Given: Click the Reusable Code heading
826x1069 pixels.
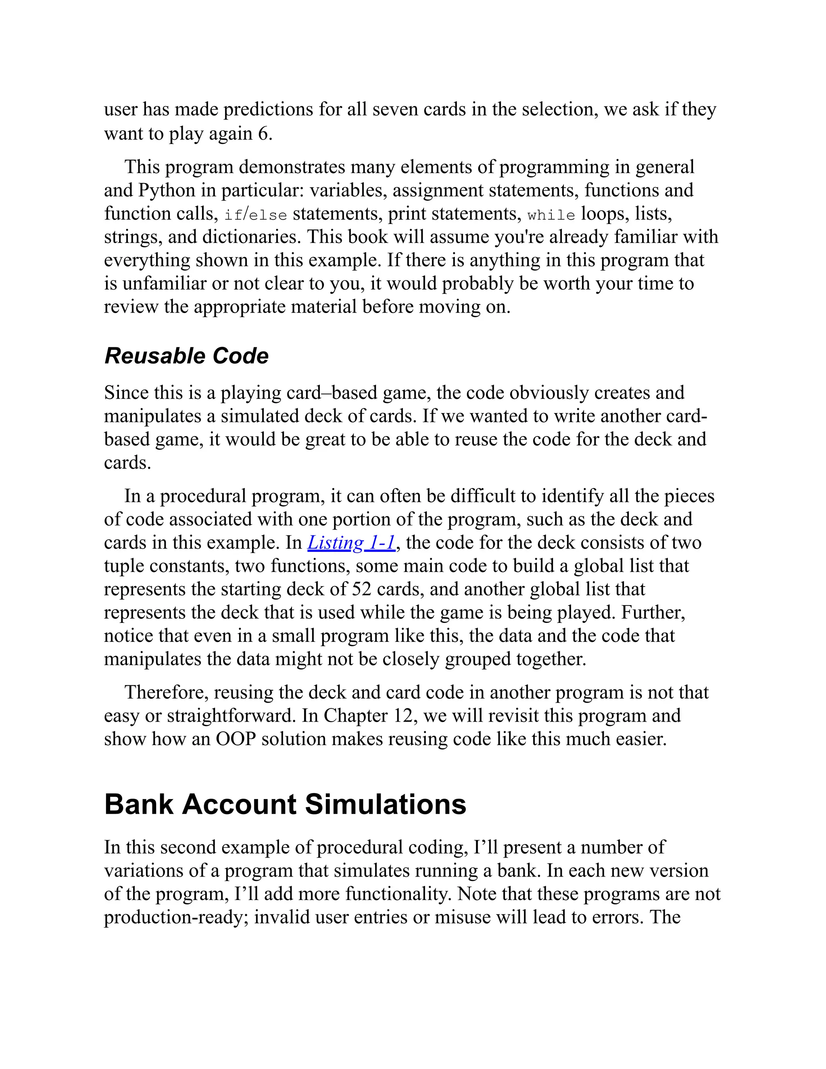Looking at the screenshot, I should point(186,356).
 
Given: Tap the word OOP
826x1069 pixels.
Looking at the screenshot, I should point(236,739).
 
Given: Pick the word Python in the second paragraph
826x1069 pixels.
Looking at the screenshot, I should point(167,190).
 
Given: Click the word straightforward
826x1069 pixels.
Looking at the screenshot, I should point(232,716).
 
